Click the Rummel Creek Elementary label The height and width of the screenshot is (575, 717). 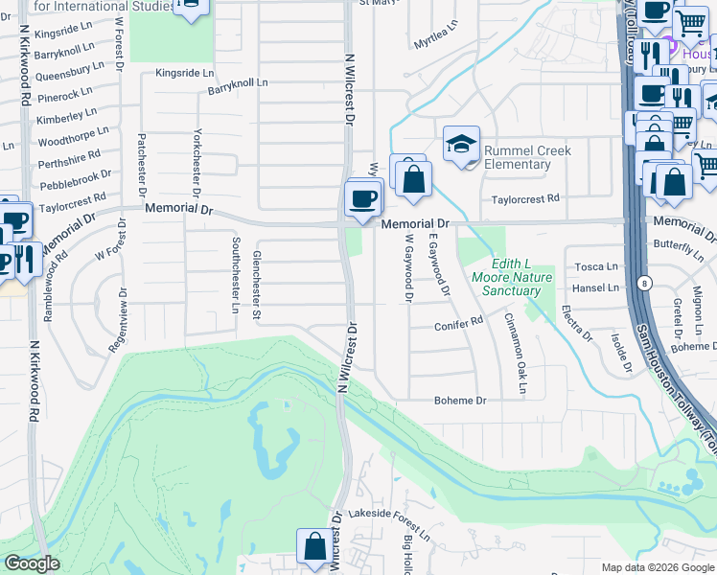pos(527,157)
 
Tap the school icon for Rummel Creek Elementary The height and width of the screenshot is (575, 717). pos(461,145)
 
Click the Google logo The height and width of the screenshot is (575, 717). pos(31,563)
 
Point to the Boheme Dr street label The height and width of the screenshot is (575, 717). pos(460,400)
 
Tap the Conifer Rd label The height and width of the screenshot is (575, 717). pos(462,323)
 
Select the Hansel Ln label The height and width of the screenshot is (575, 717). pos(595,287)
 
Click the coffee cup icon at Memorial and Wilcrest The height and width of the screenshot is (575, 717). pos(363,199)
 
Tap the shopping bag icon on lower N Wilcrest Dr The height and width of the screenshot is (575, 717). pos(314,546)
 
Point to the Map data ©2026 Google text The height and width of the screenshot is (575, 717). pos(657,567)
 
